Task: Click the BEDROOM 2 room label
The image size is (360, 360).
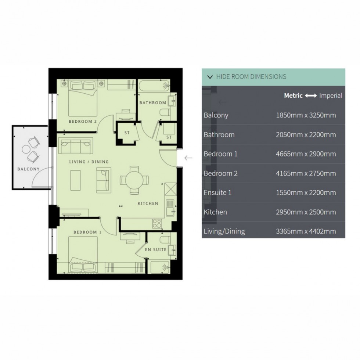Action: [83, 121]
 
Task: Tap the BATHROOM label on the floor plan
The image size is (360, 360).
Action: [152, 103]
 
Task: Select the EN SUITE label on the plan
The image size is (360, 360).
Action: [155, 250]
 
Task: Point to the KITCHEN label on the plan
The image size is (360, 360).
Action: [148, 203]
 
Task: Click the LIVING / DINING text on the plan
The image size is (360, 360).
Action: [89, 162]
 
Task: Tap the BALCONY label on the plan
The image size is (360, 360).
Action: [28, 169]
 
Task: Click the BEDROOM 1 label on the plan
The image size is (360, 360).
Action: [87, 232]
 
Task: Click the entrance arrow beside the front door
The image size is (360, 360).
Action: [188, 158]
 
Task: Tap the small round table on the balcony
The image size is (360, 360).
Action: [26, 149]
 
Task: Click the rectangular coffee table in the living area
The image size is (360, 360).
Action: [76, 180]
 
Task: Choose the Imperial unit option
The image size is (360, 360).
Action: [331, 96]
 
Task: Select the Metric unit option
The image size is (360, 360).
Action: [293, 96]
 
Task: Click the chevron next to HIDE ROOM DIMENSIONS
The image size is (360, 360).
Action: [210, 77]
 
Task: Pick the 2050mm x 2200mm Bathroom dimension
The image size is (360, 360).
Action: [306, 134]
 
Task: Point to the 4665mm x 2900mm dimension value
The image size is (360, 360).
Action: [306, 154]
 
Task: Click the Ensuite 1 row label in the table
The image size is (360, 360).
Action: [217, 192]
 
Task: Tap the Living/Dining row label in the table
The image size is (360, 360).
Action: [224, 231]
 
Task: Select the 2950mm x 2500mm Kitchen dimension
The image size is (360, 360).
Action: [306, 212]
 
